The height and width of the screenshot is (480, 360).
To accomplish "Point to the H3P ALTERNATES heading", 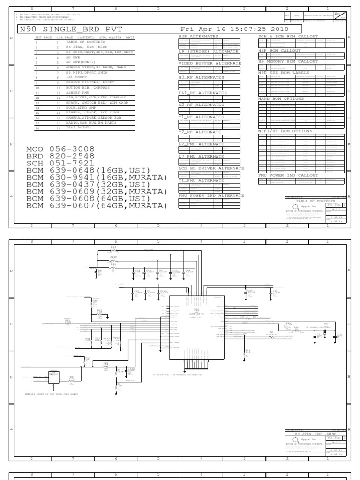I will click(x=198, y=36).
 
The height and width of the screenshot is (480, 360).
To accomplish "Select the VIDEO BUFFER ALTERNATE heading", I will click(x=210, y=63).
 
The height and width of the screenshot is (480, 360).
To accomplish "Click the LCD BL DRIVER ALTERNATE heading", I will click(x=211, y=168).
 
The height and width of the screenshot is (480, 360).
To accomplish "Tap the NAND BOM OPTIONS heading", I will click(x=281, y=99).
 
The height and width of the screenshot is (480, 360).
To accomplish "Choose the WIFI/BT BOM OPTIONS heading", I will click(x=285, y=131).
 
